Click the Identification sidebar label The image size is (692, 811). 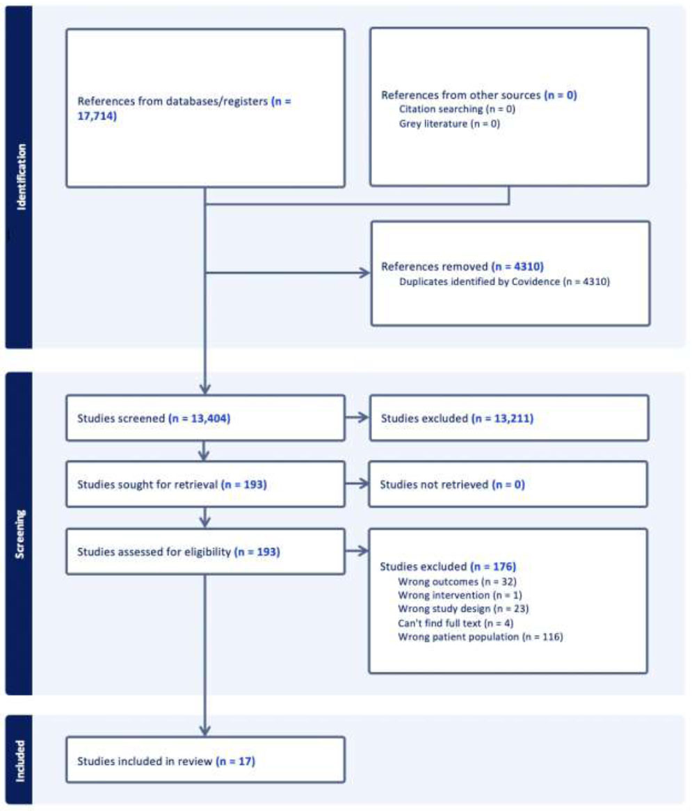click(x=21, y=177)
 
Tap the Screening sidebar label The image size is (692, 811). click(x=19, y=534)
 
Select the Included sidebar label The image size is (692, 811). click(x=19, y=760)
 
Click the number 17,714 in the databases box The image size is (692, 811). click(x=97, y=116)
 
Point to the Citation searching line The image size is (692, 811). click(x=457, y=109)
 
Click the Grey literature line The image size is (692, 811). click(x=449, y=124)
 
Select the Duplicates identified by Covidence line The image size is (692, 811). click(x=504, y=282)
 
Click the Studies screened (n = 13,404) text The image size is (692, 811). click(x=154, y=418)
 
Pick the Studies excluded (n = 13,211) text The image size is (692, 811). click(x=457, y=418)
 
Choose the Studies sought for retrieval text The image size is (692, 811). click(x=172, y=485)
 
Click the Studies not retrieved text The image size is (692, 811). click(x=452, y=485)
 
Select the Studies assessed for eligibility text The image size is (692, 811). click(x=179, y=552)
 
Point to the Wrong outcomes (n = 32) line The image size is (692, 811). click(x=457, y=582)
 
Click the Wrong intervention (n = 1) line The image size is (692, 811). click(x=460, y=595)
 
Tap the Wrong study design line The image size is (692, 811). click(x=463, y=609)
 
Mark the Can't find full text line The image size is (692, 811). click(x=456, y=623)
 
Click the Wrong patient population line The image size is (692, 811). click(x=481, y=636)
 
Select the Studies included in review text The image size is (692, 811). click(x=166, y=761)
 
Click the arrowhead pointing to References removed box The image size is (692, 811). click(x=365, y=273)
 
